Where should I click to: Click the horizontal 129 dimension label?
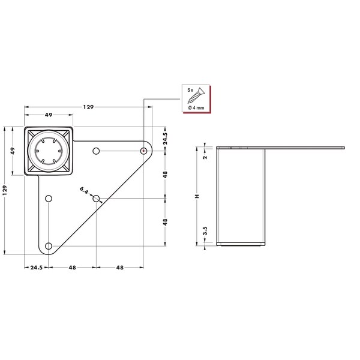point(88,107)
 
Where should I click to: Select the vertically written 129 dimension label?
point(5,190)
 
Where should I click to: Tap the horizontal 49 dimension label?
point(49,115)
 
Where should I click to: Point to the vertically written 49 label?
point(13,151)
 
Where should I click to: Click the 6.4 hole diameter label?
point(84,190)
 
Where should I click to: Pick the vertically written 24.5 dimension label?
point(165,138)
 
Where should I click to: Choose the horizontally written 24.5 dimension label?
point(37,268)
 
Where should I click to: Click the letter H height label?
point(197,196)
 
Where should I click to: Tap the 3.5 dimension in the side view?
point(205,230)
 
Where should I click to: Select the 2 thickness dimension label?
point(205,157)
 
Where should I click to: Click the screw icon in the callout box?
point(196,95)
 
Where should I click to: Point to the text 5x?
point(190,90)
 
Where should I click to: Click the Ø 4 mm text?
point(196,107)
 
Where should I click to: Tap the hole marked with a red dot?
point(143,151)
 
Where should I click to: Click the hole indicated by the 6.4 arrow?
point(96,199)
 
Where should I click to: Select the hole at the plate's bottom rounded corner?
point(49,246)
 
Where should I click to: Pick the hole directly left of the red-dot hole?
point(96,151)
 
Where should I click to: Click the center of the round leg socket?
point(49,151)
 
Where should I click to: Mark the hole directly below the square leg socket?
point(49,199)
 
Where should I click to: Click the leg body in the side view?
point(241,196)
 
